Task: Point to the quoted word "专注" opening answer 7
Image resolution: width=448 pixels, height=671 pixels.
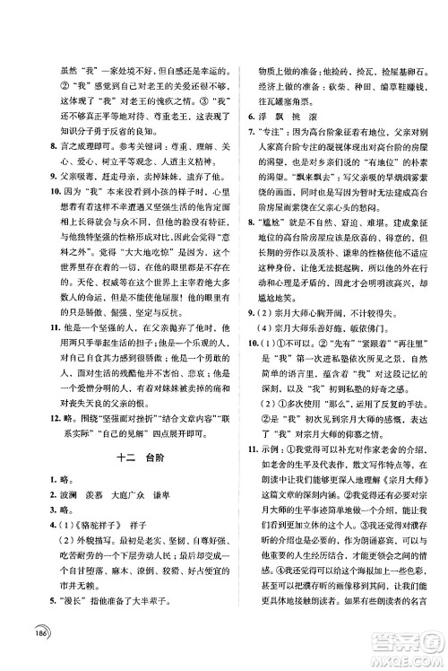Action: tap(275, 133)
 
